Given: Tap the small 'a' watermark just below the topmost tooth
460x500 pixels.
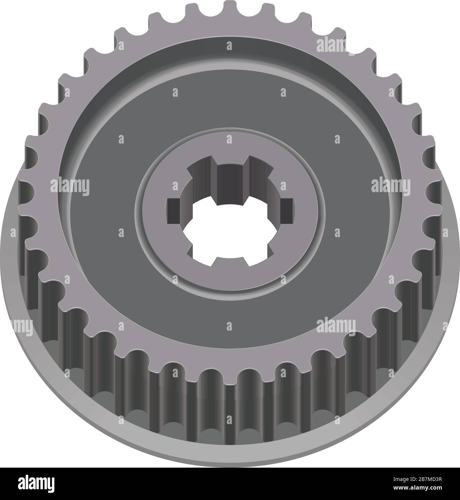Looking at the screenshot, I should (x=229, y=45).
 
